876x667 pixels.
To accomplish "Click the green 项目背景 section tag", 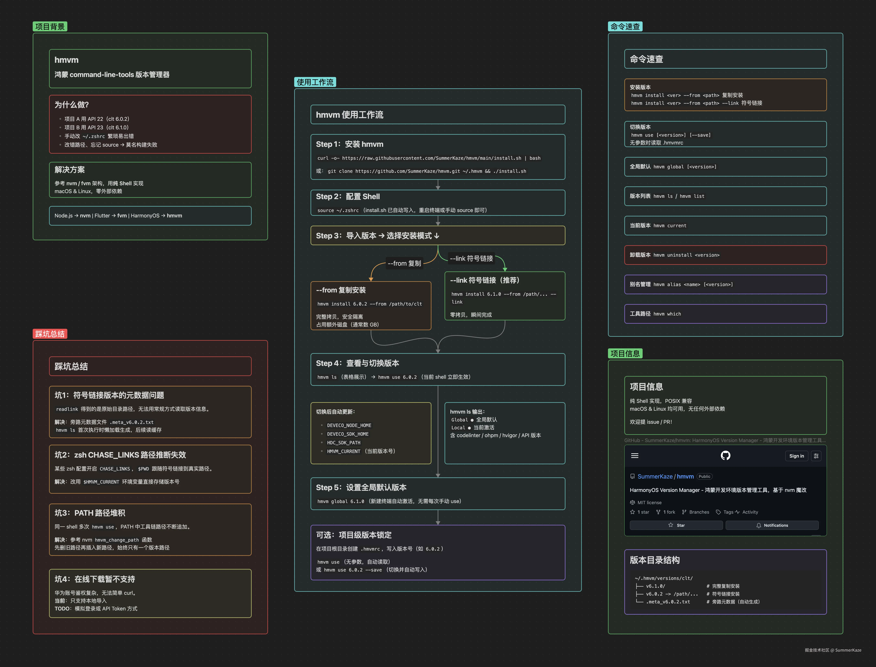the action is point(50,27).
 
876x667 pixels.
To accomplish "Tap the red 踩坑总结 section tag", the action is point(50,334).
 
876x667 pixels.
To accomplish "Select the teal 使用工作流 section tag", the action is point(315,82).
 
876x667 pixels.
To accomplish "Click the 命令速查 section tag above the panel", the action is point(625,27).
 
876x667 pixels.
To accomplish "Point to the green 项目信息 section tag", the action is point(625,353).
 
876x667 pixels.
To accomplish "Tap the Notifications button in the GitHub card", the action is point(772,525).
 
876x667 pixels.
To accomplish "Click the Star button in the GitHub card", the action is point(676,525).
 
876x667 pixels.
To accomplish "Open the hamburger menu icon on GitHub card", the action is point(635,456).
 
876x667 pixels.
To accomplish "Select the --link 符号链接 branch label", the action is point(472,258).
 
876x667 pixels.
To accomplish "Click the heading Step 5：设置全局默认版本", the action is point(361,487).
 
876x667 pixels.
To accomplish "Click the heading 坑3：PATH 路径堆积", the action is point(90,513).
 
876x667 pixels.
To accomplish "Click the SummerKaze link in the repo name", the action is point(655,476).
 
